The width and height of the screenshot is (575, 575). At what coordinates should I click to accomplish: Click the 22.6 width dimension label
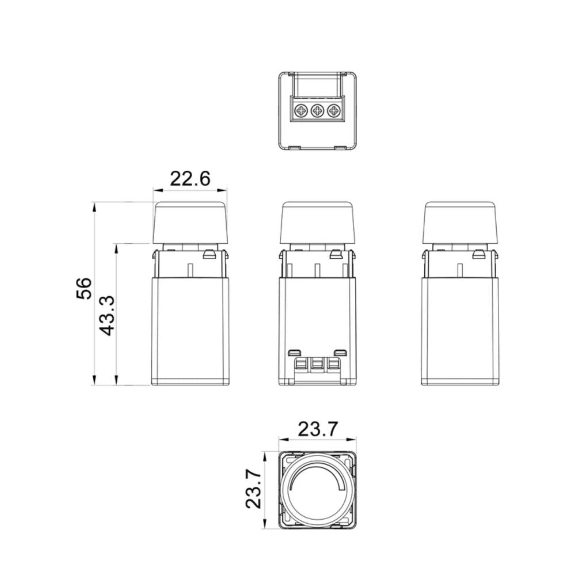pyautogui.click(x=190, y=179)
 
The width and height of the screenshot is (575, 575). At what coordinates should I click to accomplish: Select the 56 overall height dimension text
pyautogui.click(x=83, y=289)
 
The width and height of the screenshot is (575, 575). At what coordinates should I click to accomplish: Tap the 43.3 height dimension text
pyautogui.click(x=108, y=316)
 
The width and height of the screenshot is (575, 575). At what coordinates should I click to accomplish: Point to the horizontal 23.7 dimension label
pyautogui.click(x=317, y=430)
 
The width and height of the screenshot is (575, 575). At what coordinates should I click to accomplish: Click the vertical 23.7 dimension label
pyautogui.click(x=254, y=489)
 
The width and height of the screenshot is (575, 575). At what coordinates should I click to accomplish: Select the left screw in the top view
pyautogui.click(x=301, y=110)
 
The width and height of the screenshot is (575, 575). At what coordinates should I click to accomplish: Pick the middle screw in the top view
pyautogui.click(x=317, y=110)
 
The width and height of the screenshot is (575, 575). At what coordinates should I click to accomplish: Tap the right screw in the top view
pyautogui.click(x=333, y=110)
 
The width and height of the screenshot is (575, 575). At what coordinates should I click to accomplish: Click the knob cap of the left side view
pyautogui.click(x=190, y=222)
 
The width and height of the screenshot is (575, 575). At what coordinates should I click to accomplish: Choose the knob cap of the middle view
pyautogui.click(x=317, y=222)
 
